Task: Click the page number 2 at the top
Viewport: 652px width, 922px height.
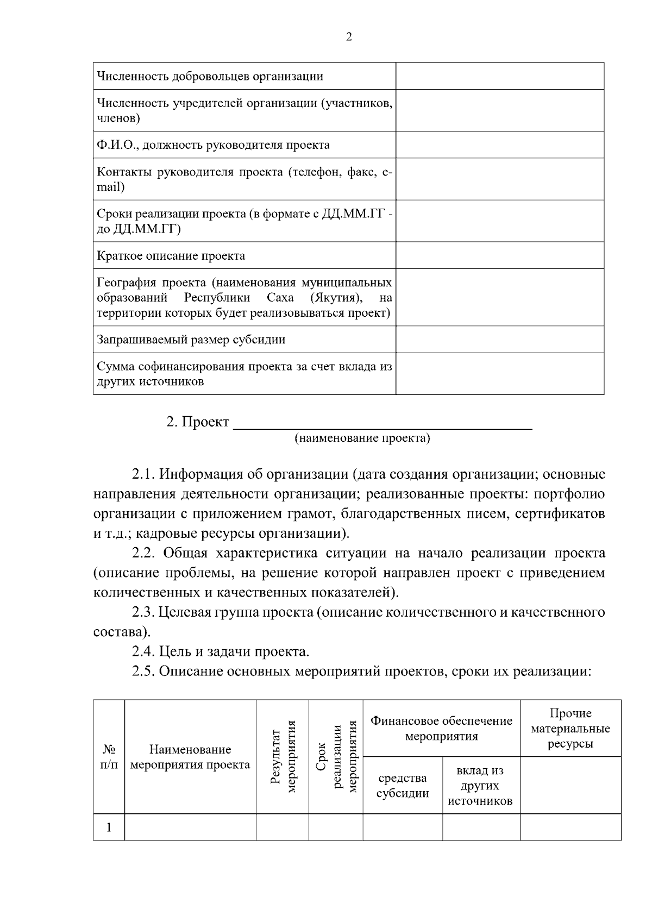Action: [349, 37]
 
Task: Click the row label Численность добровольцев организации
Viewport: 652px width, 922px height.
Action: [210, 76]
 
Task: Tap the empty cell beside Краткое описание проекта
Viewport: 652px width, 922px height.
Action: [499, 255]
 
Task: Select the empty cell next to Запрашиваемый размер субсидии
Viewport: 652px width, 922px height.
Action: [499, 340]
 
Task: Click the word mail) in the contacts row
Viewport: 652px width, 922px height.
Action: [111, 187]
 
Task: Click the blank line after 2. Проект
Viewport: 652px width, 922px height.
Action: [382, 423]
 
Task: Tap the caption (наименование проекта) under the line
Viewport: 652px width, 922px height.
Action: [362, 438]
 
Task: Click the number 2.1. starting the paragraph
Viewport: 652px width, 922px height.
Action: [144, 474]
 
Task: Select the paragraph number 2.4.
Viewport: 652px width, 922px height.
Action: [144, 651]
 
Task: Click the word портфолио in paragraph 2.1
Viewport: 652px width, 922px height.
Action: [569, 494]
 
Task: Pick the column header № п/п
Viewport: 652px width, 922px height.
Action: [109, 757]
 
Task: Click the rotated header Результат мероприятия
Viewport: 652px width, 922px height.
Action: [283, 757]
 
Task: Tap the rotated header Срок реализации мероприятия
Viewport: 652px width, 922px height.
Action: [336, 757]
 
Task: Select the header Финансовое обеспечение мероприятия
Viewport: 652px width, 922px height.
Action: [441, 728]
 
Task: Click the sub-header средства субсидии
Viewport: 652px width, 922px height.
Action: [402, 786]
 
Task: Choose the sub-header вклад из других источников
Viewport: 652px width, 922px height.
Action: [481, 786]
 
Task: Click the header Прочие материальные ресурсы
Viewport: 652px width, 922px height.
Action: [570, 728]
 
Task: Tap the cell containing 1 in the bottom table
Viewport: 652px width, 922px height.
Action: [109, 827]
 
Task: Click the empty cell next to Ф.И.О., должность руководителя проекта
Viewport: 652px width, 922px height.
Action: [499, 145]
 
